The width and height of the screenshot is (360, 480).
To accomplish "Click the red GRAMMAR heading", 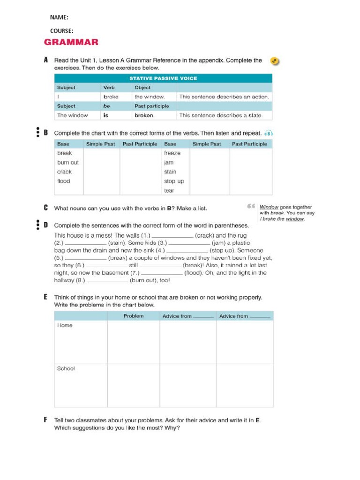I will tap(71, 42).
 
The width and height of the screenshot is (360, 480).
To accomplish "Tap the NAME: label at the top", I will tap(59, 17).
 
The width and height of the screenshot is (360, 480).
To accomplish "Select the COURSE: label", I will tap(61, 31).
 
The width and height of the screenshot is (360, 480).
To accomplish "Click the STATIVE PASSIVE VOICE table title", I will tap(163, 78).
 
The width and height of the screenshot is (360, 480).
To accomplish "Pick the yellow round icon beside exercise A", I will tap(275, 61).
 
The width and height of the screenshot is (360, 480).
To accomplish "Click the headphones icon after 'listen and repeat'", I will tap(269, 133).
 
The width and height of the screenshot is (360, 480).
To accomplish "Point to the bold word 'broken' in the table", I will tap(144, 115).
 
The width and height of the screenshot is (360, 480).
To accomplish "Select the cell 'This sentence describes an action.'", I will tap(224, 97).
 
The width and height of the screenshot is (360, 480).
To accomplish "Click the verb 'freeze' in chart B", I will tap(172, 153).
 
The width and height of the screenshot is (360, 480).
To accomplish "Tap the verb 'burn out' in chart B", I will tap(68, 163).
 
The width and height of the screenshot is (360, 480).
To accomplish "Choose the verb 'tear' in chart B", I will tap(169, 191).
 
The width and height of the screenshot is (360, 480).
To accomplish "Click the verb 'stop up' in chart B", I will tap(174, 181).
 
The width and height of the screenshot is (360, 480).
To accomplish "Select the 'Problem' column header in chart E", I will tap(134, 316).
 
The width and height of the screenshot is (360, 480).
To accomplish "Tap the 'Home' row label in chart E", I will tap(65, 326).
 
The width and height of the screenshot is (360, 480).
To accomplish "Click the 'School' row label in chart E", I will tap(66, 369).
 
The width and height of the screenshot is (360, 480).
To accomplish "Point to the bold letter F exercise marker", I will tap(46, 420).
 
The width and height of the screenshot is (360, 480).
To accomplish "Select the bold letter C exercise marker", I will tap(46, 208).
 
